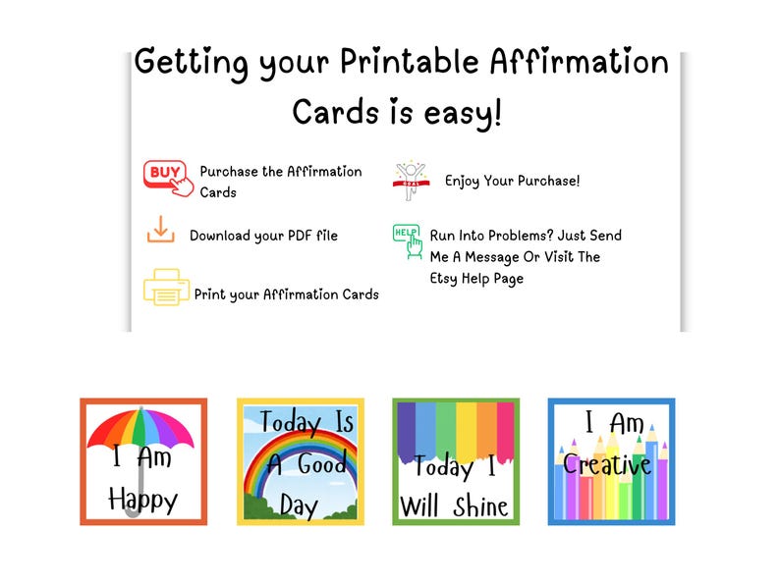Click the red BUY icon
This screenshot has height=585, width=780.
click(x=165, y=175)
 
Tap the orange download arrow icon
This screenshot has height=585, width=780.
click(x=160, y=230)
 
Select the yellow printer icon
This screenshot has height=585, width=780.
click(x=166, y=287)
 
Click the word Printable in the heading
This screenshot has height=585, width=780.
click(x=412, y=63)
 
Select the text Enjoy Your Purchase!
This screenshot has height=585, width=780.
click(x=512, y=182)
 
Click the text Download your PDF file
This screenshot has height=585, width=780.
click(x=263, y=236)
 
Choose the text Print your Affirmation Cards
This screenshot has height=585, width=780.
click(x=286, y=294)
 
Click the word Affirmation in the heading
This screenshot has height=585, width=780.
click(x=579, y=63)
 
